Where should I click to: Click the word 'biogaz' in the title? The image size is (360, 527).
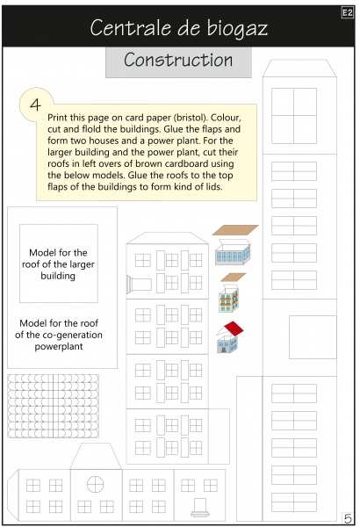click(237, 29)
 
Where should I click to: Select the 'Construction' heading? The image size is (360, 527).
click(178, 60)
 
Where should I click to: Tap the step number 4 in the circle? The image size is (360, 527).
click(35, 105)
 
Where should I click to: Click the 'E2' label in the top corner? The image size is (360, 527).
click(348, 13)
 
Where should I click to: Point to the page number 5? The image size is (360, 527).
click(348, 518)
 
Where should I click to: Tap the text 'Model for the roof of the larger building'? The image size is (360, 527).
click(58, 264)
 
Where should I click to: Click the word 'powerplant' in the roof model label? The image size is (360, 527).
click(59, 346)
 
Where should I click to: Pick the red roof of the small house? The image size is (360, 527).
click(234, 328)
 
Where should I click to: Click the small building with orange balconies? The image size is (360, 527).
click(228, 298)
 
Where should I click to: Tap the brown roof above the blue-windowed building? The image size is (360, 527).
click(235, 230)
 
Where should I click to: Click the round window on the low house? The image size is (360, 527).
click(95, 484)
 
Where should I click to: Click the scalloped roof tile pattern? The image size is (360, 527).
click(53, 406)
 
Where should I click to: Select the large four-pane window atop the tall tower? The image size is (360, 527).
click(294, 116)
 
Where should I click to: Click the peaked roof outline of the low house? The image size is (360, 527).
click(96, 456)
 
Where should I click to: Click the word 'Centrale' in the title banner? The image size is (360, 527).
click(132, 28)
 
